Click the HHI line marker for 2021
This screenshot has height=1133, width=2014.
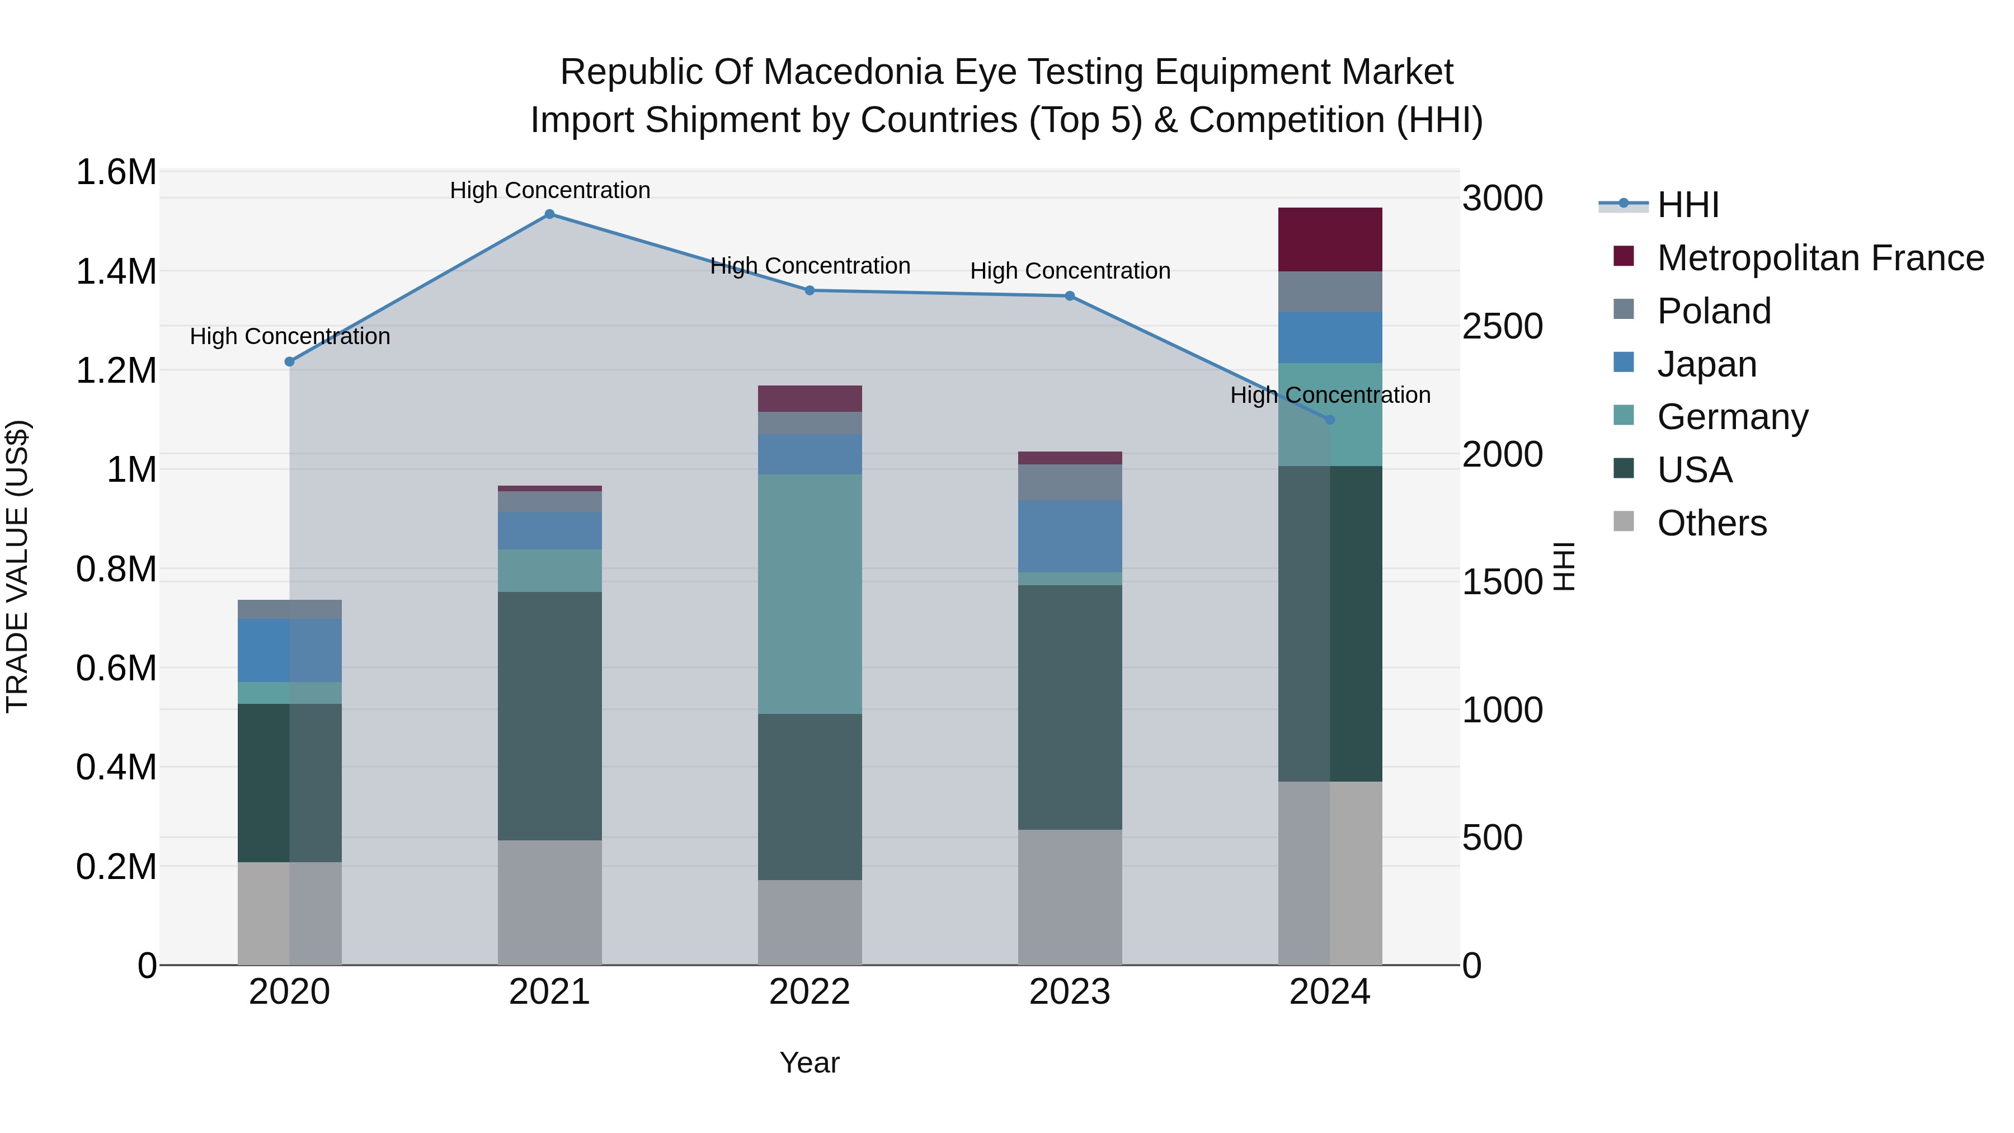(x=549, y=214)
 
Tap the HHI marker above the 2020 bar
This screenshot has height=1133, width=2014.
(x=289, y=361)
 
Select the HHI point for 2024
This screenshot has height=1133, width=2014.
(x=1330, y=420)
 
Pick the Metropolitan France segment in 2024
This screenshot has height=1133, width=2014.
(x=1330, y=239)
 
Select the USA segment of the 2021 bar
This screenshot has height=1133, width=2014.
(x=549, y=716)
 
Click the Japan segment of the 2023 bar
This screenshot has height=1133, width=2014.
(x=1070, y=537)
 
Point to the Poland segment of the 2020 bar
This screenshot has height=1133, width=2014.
(x=289, y=609)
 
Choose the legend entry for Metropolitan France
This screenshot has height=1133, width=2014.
(x=1820, y=258)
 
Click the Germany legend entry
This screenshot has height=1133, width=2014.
(x=1733, y=417)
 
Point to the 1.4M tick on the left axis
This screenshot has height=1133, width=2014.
(x=116, y=272)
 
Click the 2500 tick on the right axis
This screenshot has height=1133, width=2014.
(x=1502, y=327)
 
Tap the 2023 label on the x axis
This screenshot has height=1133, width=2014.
(x=1070, y=992)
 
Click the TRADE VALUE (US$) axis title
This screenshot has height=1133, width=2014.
(x=17, y=566)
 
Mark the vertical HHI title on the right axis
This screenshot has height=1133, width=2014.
(x=1564, y=566)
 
